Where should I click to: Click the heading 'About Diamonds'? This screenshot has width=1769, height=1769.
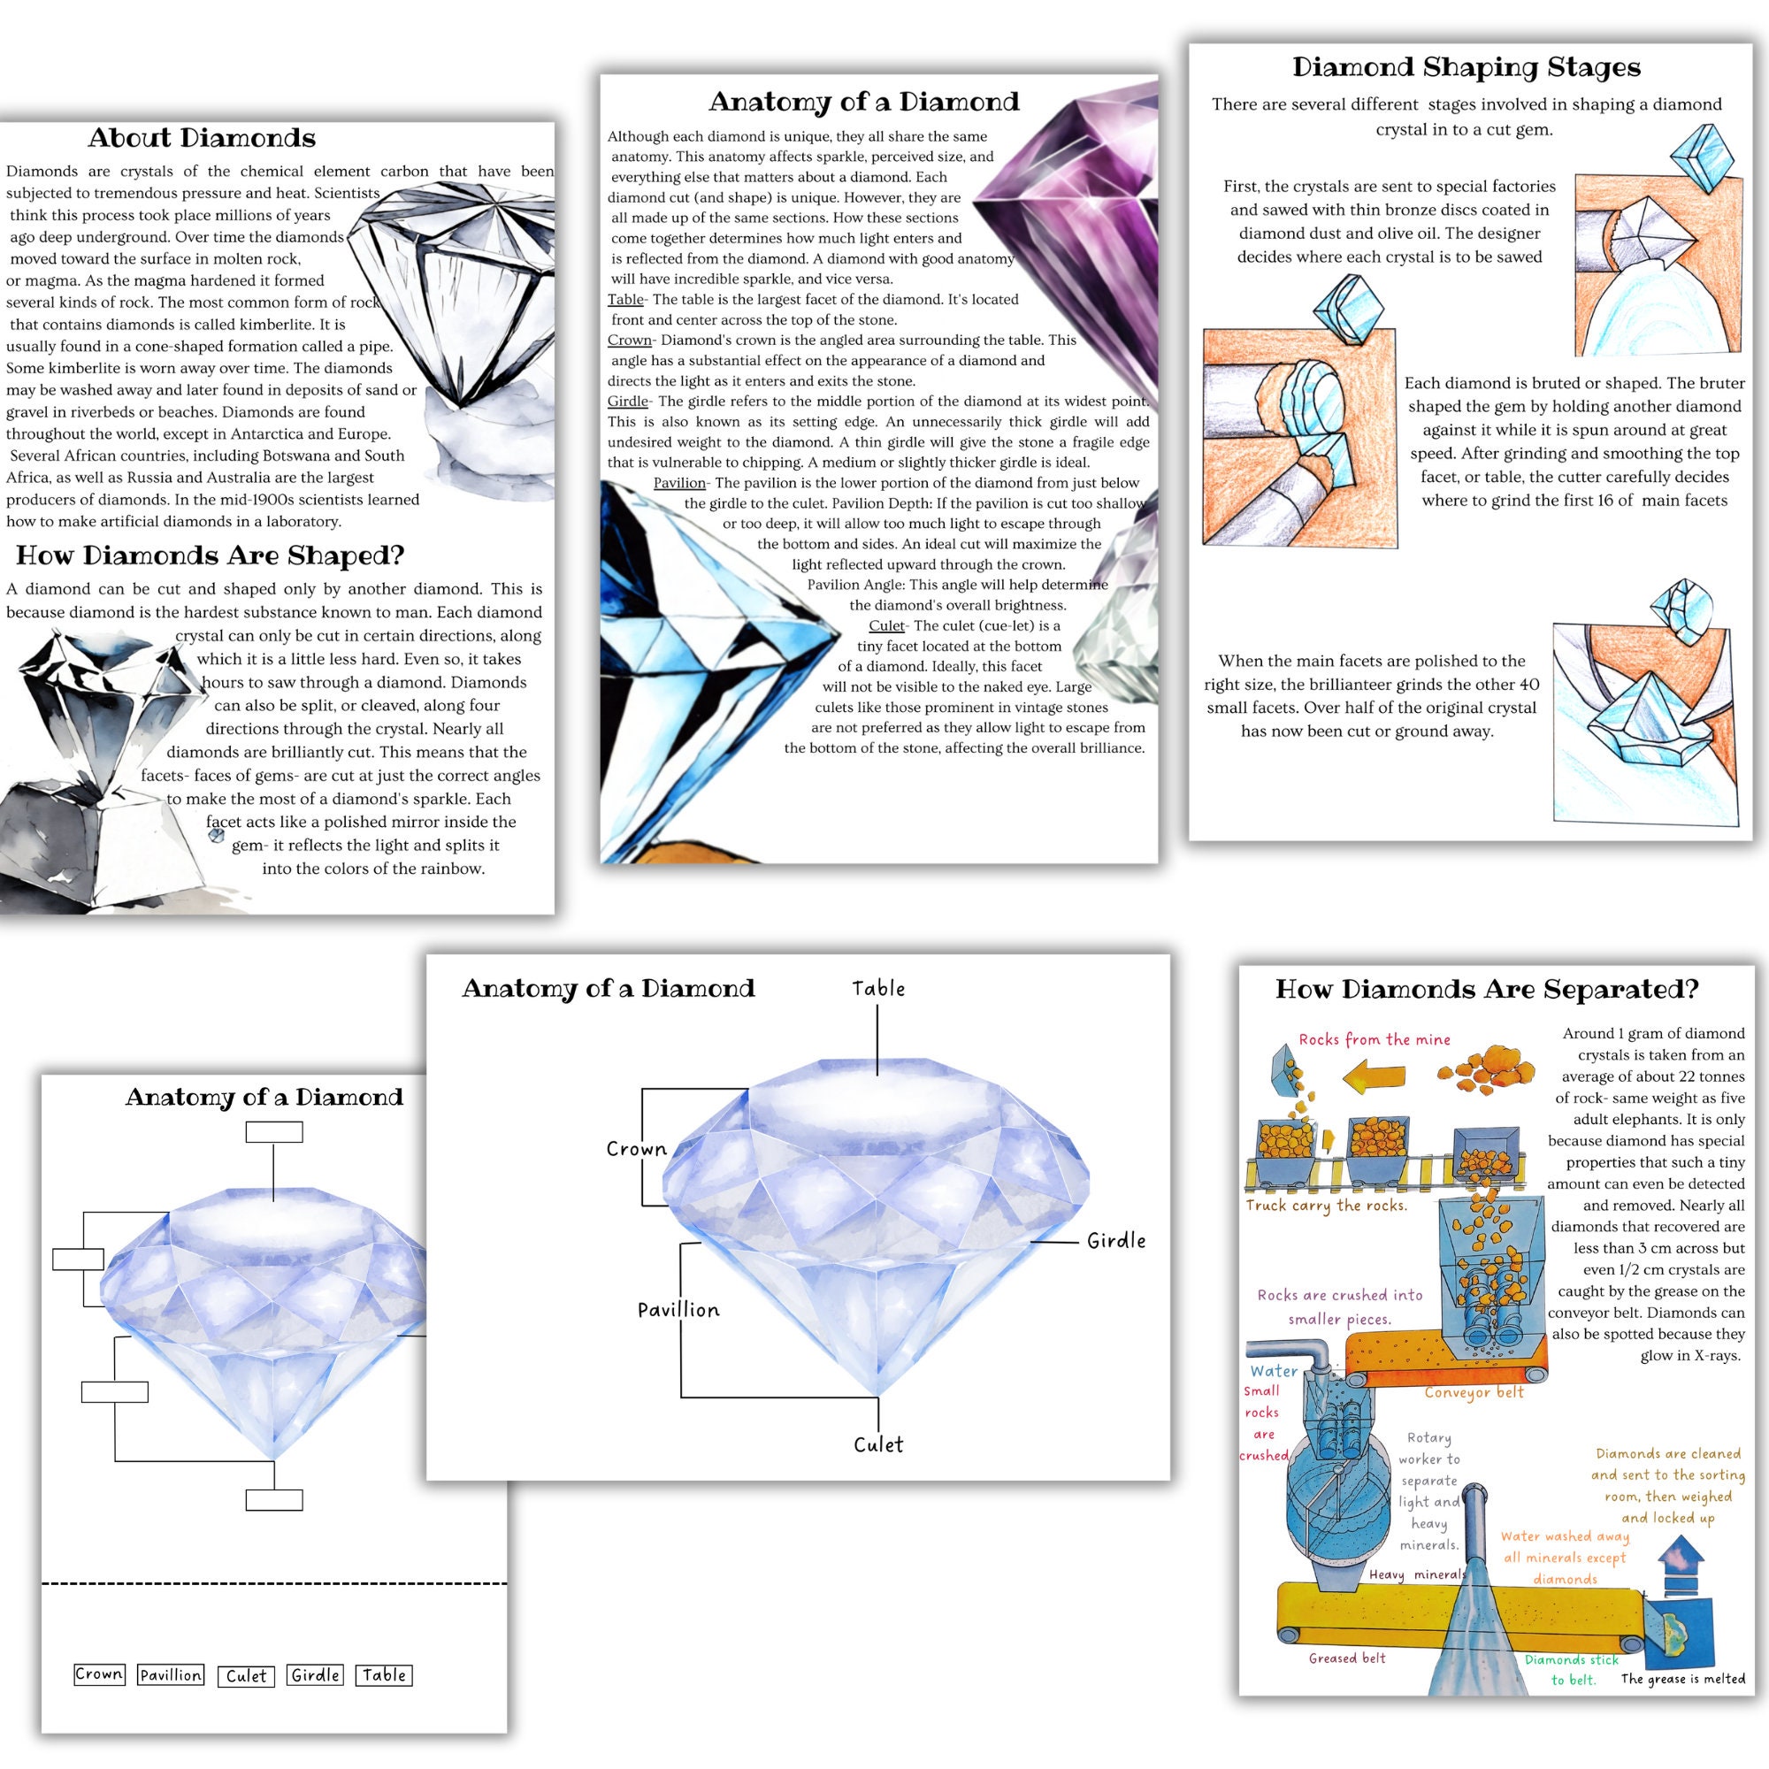click(202, 138)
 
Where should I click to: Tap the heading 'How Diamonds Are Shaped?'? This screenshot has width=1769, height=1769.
click(210, 555)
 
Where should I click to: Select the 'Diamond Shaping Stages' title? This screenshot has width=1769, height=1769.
click(1466, 67)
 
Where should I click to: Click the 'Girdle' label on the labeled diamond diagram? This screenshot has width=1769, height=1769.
click(1115, 1241)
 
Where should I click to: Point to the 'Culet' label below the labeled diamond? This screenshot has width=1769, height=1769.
click(878, 1445)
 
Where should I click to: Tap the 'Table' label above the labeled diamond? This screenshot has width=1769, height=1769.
click(878, 989)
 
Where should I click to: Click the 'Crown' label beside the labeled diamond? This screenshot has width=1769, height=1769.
click(636, 1149)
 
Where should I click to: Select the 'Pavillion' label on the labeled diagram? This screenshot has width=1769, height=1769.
click(678, 1310)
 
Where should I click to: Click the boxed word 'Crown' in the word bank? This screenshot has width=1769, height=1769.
click(99, 1674)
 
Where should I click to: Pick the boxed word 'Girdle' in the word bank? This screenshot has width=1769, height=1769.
click(316, 1675)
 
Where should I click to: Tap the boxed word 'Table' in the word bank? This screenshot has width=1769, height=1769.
click(384, 1675)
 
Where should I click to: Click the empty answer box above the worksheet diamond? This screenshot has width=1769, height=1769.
click(274, 1133)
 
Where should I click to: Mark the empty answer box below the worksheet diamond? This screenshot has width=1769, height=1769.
click(274, 1501)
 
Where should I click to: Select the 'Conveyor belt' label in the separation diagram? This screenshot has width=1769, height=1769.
click(1474, 1393)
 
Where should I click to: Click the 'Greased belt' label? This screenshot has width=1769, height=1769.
click(1347, 1658)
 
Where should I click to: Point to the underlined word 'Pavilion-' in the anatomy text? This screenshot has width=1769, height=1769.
click(680, 484)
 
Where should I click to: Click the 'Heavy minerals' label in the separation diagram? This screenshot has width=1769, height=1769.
click(1417, 1575)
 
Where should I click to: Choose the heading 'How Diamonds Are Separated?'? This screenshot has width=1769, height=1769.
click(1486, 990)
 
